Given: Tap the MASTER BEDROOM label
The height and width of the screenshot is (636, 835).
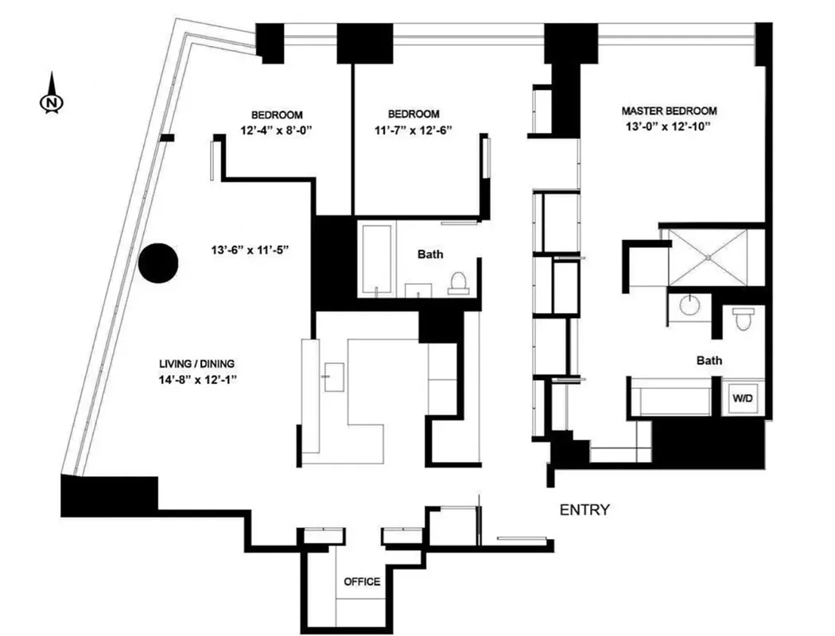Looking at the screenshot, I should coord(669,111).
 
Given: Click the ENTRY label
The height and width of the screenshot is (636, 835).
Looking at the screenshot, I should coord(584,510).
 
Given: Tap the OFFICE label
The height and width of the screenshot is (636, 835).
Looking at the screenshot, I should coord(361,582).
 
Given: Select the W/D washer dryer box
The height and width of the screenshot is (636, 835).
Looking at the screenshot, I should coord(743,397).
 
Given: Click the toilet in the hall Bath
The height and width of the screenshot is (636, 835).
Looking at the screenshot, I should coord(457,282).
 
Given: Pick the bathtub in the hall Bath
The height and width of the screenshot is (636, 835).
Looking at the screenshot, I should coord(375,259).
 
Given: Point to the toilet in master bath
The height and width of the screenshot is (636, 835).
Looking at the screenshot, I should coord(743,320).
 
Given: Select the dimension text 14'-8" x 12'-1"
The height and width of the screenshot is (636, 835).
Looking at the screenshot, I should coord(198,380).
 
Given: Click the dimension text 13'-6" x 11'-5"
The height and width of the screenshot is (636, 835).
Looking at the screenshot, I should coord(248,250).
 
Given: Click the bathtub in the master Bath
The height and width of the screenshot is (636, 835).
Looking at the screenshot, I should coord(673,397).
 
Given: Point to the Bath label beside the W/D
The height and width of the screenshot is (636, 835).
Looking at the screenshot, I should coord(709,361).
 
